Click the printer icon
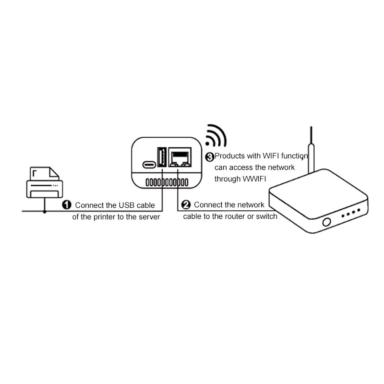tap(44, 182)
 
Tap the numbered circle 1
tap(67, 205)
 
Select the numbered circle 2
tap(186, 204)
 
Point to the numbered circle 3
tap(210, 157)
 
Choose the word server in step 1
tap(149, 217)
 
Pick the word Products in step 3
tap(229, 156)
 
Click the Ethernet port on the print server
tap(180, 157)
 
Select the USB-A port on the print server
tap(162, 157)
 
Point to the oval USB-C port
tap(149, 165)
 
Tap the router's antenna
tap(311, 150)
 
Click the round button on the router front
tap(327, 222)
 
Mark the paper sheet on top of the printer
tap(44, 174)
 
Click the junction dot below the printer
tap(45, 212)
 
